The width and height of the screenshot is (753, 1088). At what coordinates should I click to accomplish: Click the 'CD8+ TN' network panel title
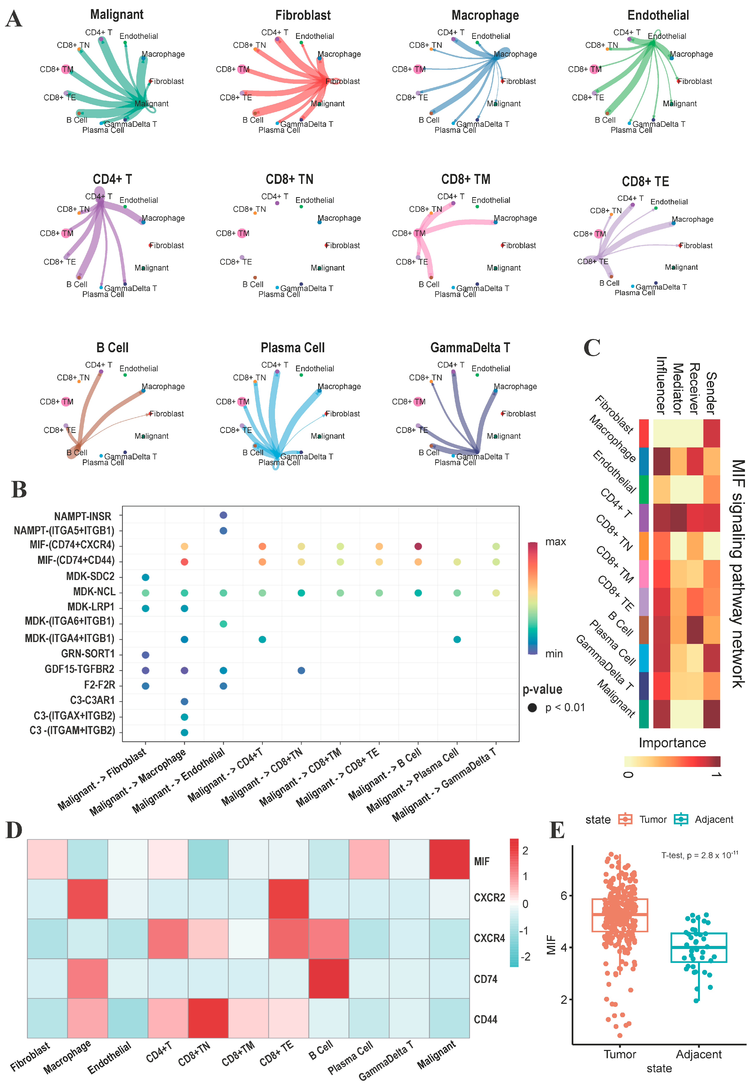[x=289, y=179]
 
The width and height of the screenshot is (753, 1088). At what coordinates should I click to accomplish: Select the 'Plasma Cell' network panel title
[x=293, y=348]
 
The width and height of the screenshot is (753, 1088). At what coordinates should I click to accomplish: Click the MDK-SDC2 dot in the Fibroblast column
[x=145, y=577]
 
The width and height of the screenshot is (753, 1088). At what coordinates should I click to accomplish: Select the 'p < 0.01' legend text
[x=565, y=708]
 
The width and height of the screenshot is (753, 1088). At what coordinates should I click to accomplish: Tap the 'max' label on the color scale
[x=555, y=542]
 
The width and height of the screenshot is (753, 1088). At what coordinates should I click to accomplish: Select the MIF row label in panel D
[x=481, y=862]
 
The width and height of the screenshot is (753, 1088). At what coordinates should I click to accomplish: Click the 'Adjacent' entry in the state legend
[x=713, y=820]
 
